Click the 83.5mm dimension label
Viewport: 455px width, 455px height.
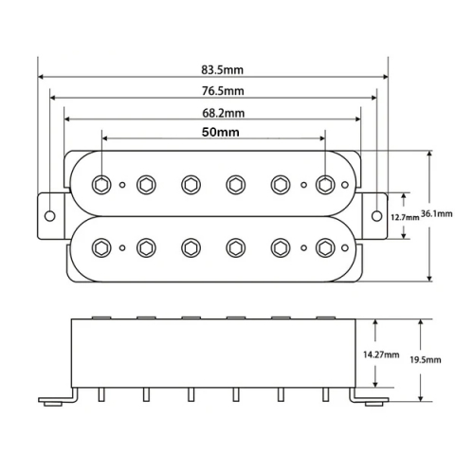point(220,69)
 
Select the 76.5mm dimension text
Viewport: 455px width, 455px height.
point(222,90)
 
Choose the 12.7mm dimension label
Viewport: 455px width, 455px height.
point(406,216)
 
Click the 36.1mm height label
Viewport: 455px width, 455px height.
point(436,215)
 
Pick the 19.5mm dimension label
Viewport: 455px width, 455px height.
point(422,361)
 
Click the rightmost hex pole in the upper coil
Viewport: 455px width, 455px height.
point(325,183)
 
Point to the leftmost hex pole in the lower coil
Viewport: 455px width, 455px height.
point(101,248)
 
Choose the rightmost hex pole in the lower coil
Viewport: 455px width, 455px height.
point(325,248)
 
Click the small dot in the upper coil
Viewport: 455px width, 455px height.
point(303,184)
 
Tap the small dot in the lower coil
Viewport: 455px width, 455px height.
point(123,249)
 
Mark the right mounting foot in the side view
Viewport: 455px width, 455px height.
point(371,399)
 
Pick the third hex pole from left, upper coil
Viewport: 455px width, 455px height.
point(191,183)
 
